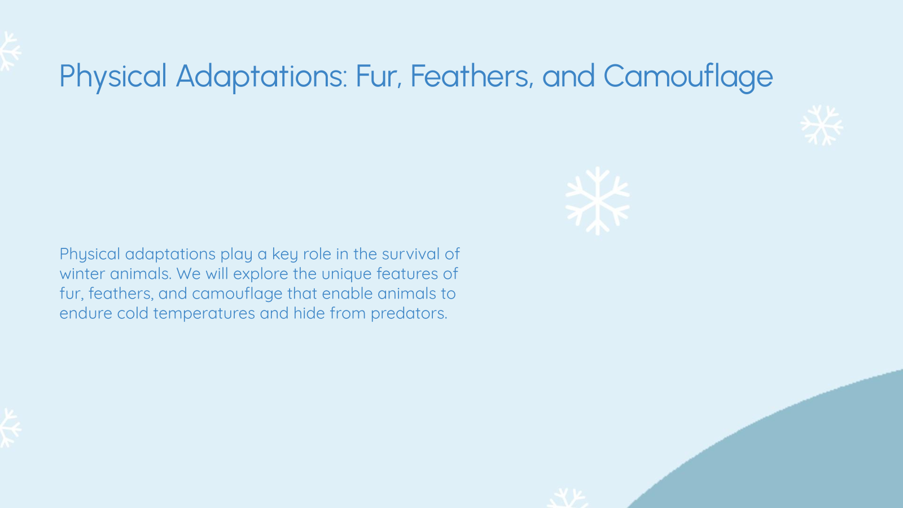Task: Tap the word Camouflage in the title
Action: click(x=688, y=76)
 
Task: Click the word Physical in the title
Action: click(x=113, y=76)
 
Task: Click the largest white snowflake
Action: click(x=597, y=200)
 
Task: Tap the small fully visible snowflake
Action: click(x=822, y=125)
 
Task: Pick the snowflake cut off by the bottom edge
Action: click(x=568, y=498)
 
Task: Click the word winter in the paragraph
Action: click(x=82, y=274)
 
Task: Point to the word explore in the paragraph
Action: click(x=261, y=274)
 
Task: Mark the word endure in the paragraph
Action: click(x=86, y=313)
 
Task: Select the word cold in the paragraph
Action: click(x=133, y=313)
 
